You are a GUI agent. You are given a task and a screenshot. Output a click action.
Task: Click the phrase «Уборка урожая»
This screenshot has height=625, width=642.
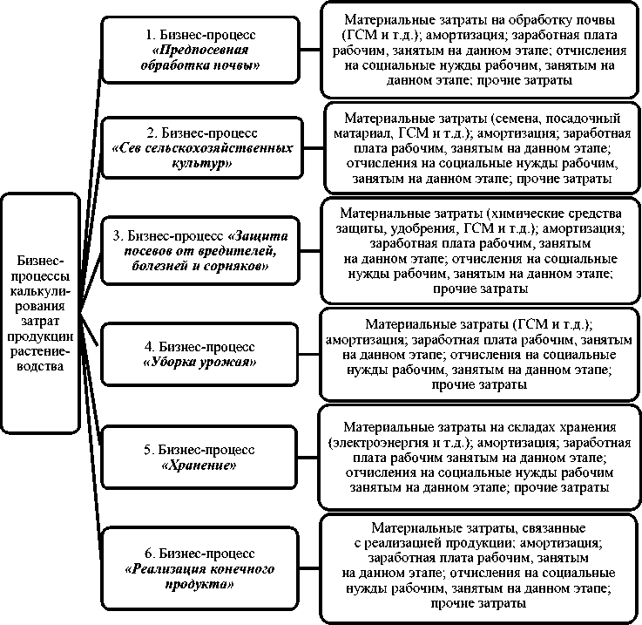(206, 360)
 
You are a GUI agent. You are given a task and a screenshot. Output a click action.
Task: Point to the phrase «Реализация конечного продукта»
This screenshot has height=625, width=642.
(206, 576)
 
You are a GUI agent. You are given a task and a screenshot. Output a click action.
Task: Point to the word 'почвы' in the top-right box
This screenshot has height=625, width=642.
(594, 18)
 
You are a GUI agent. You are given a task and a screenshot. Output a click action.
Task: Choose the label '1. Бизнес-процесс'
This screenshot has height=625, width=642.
(206, 35)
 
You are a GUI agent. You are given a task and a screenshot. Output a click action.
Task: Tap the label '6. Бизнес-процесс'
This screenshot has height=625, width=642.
(206, 554)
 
